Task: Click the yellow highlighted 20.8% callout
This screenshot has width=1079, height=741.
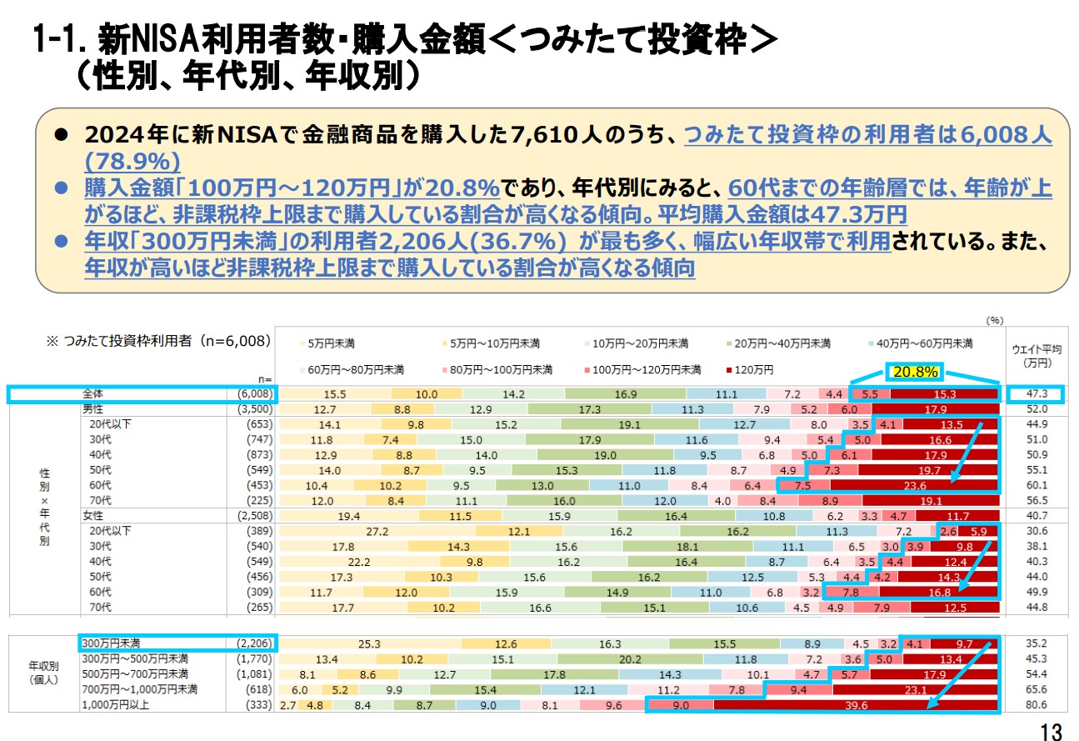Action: (915, 371)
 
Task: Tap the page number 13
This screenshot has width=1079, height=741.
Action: (1052, 731)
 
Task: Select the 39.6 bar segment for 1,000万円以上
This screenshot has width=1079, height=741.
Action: (856, 705)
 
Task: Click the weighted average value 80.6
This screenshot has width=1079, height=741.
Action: (1036, 705)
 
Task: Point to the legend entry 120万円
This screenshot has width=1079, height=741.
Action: (753, 369)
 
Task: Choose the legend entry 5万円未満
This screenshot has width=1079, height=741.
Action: (330, 343)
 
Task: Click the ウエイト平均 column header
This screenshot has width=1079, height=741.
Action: (1036, 355)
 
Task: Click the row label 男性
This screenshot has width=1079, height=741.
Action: (92, 409)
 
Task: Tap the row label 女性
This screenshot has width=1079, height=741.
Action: (92, 515)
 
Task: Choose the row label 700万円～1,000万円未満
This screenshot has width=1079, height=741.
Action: (138, 689)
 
